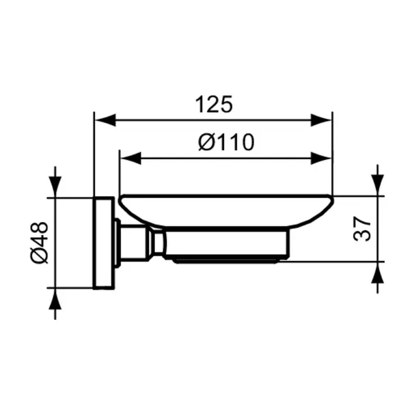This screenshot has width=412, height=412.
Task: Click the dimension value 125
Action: pyautogui.click(x=214, y=105)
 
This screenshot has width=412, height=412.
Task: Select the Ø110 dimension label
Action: pyautogui.click(x=225, y=142)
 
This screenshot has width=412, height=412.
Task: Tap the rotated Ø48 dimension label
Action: pyautogui.click(x=39, y=243)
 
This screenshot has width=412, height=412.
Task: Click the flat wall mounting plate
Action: pyautogui.click(x=103, y=243)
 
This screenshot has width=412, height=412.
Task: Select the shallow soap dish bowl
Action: pyautogui.click(x=225, y=208)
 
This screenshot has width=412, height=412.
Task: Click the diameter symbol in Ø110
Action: pyautogui.click(x=206, y=142)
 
